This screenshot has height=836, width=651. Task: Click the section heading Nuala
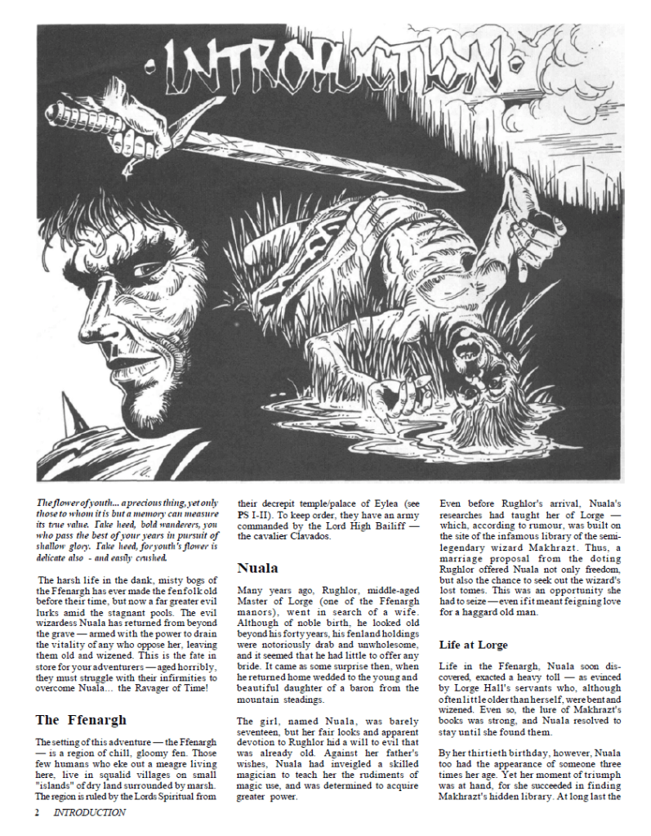coord(257,567)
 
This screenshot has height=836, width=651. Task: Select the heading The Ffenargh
coord(81,720)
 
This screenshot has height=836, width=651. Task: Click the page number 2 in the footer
coord(38,812)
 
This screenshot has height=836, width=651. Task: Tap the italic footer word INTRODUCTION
coord(90,812)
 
